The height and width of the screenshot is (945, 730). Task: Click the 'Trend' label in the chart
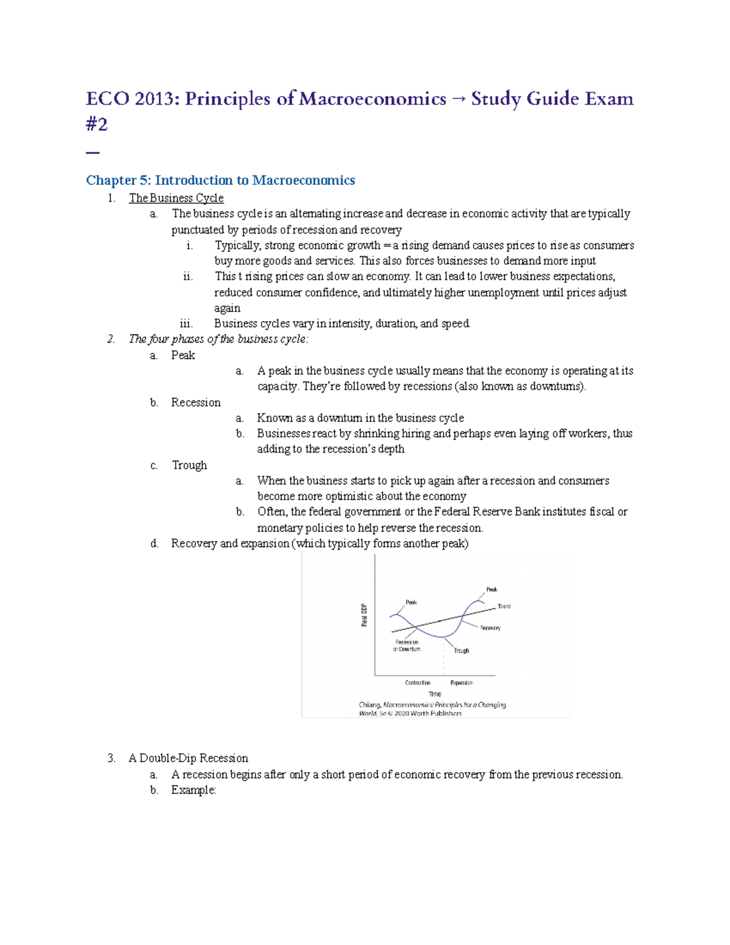tap(504, 606)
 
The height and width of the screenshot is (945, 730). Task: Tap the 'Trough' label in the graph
tap(461, 650)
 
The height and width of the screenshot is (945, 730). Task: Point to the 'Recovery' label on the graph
tap(490, 627)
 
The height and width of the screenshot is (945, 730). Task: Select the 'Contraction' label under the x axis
tap(417, 683)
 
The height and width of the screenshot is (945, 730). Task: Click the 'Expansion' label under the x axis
tap(461, 683)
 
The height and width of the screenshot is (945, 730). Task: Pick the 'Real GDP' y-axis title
tap(364, 615)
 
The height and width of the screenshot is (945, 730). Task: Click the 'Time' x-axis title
tap(435, 694)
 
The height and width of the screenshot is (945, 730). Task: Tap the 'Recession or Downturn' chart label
tap(406, 646)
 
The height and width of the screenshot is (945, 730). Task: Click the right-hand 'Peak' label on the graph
tap(492, 589)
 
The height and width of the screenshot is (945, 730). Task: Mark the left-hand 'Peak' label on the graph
tap(411, 602)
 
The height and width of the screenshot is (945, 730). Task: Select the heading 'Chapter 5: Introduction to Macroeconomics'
tap(220, 180)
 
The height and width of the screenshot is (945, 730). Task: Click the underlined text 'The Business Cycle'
tap(176, 198)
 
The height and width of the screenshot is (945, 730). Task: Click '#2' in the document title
tap(97, 124)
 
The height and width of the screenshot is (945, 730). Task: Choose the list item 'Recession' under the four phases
tap(195, 402)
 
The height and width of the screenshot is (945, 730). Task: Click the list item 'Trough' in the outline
tap(189, 465)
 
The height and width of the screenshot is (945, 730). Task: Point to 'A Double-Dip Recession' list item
tap(188, 758)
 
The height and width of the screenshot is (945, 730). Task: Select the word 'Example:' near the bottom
tap(193, 790)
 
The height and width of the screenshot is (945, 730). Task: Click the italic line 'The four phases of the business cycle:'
tap(218, 339)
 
